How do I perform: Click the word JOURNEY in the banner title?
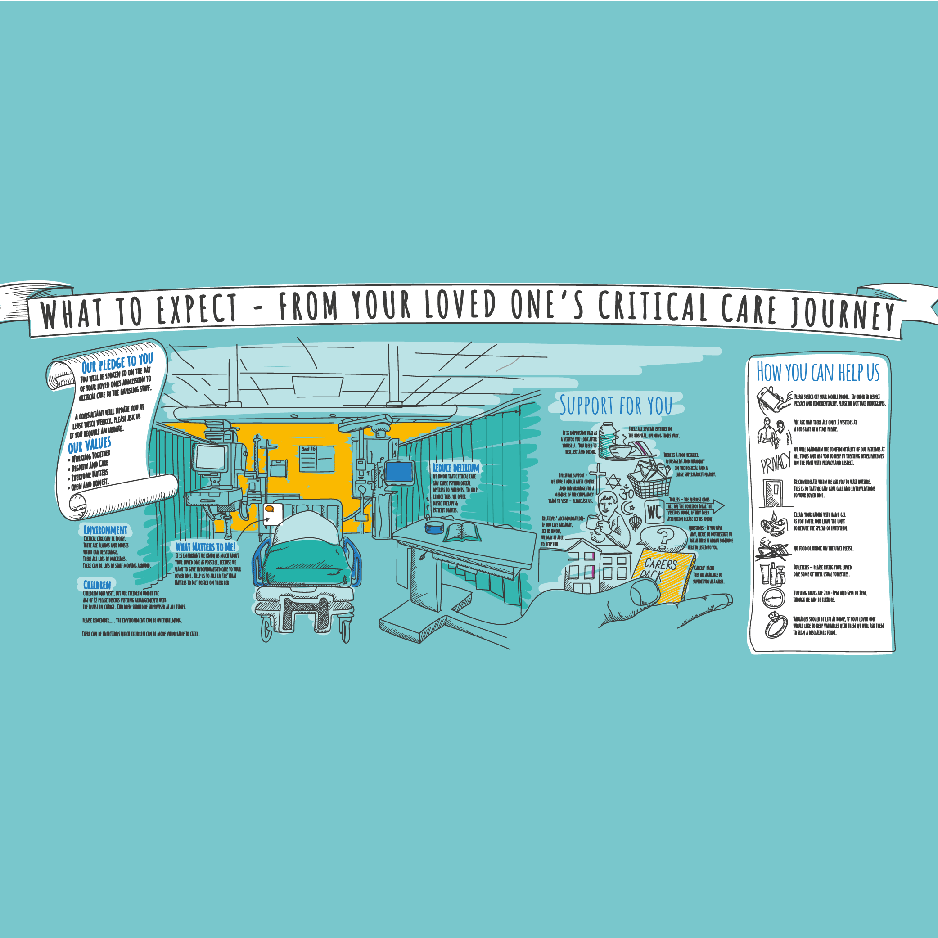tap(843, 315)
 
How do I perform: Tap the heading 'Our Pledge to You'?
tap(117, 363)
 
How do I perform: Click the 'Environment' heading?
tap(105, 530)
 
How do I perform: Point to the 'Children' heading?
tap(97, 585)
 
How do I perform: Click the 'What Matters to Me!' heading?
tap(205, 547)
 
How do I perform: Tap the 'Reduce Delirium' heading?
tap(455, 468)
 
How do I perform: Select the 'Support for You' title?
tap(616, 406)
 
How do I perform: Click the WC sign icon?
tap(654, 512)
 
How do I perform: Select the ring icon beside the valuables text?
tap(776, 626)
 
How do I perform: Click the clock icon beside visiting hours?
tap(773, 598)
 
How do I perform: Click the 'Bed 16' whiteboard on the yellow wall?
tap(316, 459)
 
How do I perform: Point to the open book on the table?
tap(462, 532)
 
